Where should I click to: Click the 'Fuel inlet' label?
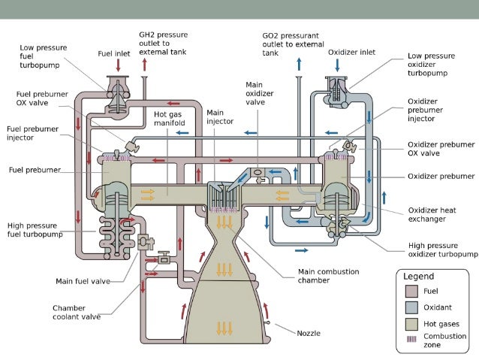click(x=115, y=53)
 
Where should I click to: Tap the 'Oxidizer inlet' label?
click(x=351, y=52)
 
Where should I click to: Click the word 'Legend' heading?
click(x=418, y=276)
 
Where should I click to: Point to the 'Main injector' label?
click(x=220, y=117)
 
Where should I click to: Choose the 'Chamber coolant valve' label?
click(x=77, y=313)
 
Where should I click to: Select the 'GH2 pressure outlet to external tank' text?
click(x=164, y=44)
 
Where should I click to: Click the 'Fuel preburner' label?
click(x=35, y=170)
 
